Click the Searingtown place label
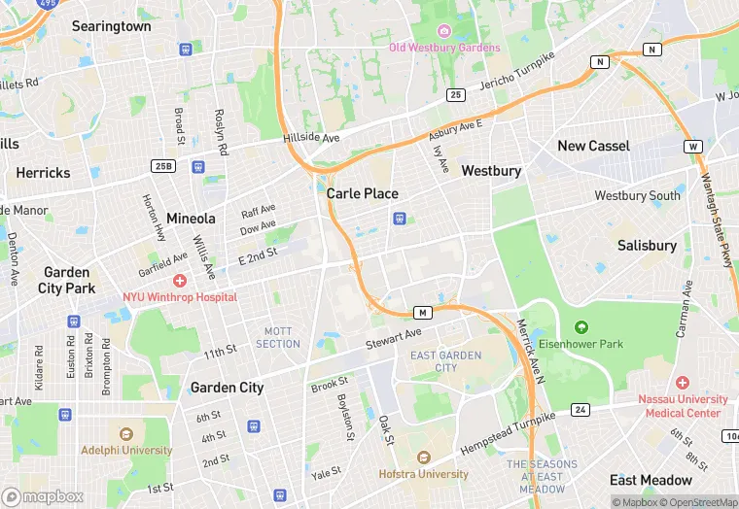click(x=111, y=26)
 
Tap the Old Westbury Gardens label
click(x=444, y=47)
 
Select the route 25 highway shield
click(x=455, y=94)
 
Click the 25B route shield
click(x=163, y=167)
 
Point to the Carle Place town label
click(x=362, y=193)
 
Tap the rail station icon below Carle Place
click(x=398, y=219)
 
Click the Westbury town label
click(x=491, y=170)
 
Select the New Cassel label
click(x=593, y=146)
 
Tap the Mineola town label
click(x=191, y=218)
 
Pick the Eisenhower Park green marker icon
click(x=581, y=326)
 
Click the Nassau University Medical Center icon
click(x=683, y=383)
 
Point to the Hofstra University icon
click(x=423, y=458)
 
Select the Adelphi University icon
click(x=125, y=433)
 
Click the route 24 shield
click(x=581, y=409)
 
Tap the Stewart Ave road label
click(x=394, y=339)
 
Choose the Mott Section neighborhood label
click(x=278, y=337)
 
